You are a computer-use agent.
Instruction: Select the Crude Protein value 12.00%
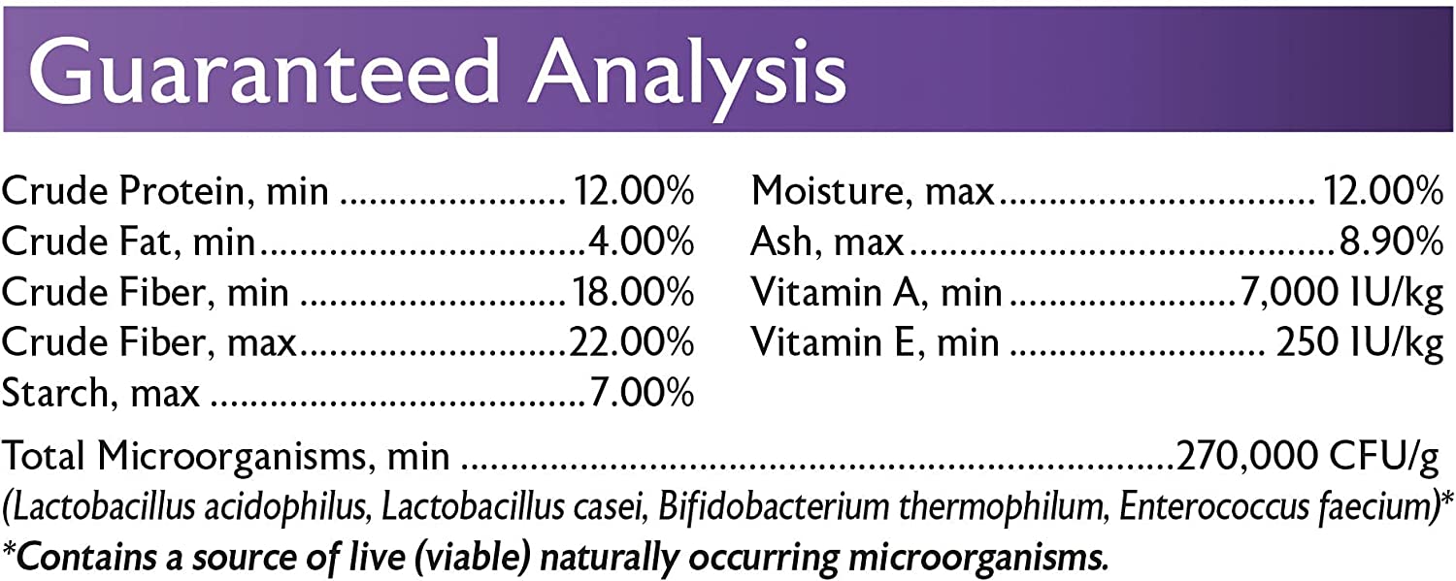click(x=632, y=191)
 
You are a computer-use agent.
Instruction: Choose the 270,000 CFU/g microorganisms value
click(x=1306, y=456)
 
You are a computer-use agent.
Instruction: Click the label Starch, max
click(x=101, y=393)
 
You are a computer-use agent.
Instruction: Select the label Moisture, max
click(x=873, y=191)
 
